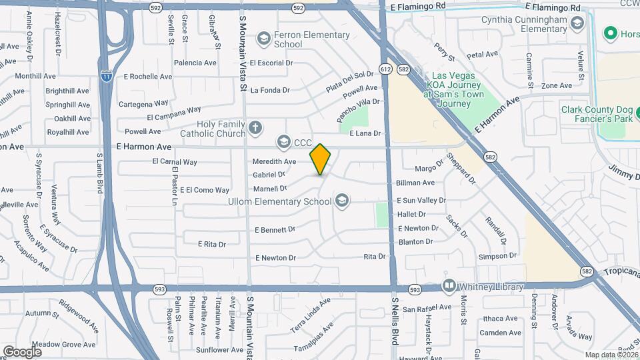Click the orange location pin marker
[x=321, y=159]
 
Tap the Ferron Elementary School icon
[x=263, y=39]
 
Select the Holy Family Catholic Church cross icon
[x=254, y=127]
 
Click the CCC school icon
[x=285, y=142]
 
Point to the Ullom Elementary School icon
[x=342, y=200]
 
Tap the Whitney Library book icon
[x=449, y=287]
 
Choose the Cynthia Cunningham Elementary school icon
[x=577, y=24]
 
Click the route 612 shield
[x=386, y=69]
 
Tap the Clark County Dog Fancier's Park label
[x=596, y=114]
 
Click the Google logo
[x=22, y=351]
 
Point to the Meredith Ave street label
[x=274, y=162]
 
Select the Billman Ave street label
[x=415, y=183]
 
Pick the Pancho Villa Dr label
[x=358, y=110]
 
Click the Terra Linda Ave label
[x=310, y=313]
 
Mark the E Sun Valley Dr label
[x=421, y=200]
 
